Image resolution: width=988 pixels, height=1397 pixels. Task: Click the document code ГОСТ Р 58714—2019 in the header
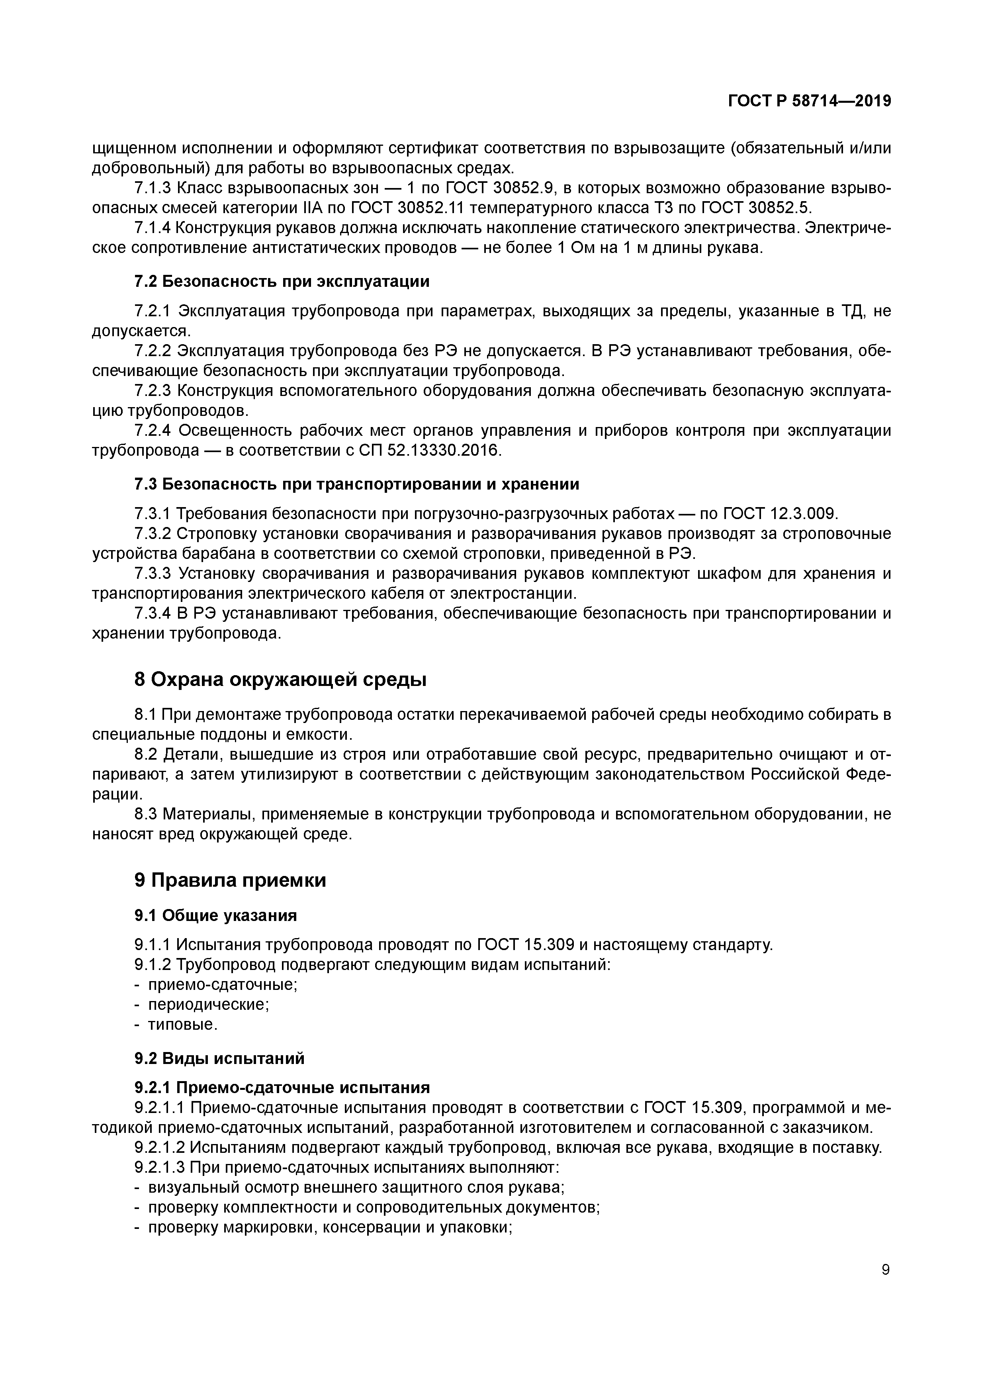pos(809,101)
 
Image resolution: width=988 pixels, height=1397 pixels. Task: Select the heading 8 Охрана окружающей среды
pos(280,680)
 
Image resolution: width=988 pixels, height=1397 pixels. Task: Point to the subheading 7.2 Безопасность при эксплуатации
pos(281,282)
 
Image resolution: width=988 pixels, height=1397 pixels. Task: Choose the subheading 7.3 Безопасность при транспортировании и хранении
pos(356,484)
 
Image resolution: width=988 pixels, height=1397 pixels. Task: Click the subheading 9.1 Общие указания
pos(215,916)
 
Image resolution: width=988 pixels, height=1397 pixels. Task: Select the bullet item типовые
pos(182,1025)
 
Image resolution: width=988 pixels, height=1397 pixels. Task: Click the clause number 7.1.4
pos(152,228)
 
